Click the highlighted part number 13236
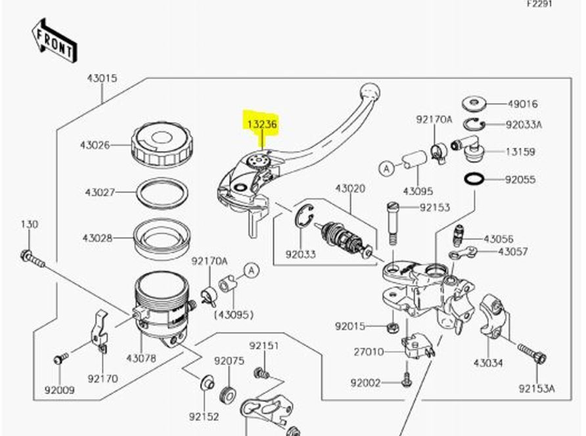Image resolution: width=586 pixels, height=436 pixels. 261,123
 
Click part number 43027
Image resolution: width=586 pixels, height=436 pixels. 99,192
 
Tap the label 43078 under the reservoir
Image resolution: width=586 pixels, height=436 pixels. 141,358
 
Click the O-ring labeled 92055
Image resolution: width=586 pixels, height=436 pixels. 473,179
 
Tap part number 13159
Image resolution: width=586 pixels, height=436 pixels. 520,152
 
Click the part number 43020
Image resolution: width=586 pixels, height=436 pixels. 349,188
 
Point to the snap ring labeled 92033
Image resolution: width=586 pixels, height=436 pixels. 305,217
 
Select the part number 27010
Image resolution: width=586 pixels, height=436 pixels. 368,352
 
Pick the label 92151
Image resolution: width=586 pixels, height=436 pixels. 263,346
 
